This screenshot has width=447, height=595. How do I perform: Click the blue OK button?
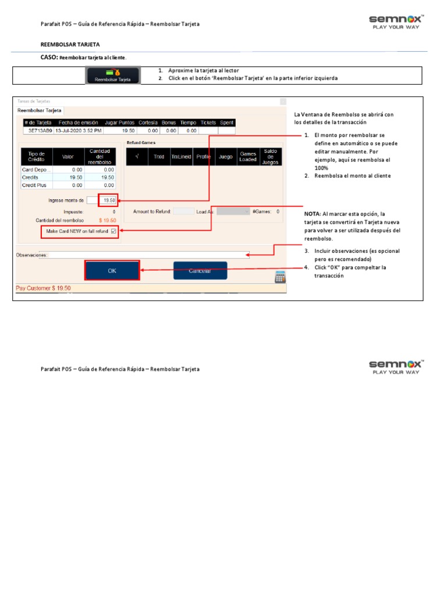click(112, 271)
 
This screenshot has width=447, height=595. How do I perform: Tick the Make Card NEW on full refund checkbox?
click(113, 231)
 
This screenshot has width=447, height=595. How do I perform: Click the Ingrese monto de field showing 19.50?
click(108, 200)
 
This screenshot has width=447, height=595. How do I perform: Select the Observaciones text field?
click(149, 255)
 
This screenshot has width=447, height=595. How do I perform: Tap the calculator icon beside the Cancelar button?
click(280, 277)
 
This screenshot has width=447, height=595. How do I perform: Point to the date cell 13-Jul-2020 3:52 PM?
click(79, 131)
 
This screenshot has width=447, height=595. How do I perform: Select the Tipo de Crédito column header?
click(37, 156)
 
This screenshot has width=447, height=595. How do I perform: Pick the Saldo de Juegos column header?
click(271, 156)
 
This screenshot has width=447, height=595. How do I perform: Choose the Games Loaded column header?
click(248, 156)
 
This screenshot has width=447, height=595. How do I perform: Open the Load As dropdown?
click(233, 212)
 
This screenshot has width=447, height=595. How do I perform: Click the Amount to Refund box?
click(184, 212)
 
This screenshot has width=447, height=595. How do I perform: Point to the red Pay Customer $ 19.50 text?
click(44, 288)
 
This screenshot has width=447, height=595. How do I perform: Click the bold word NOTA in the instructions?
click(312, 214)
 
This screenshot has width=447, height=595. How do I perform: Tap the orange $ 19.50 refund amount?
click(108, 221)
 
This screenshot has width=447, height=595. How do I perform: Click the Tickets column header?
click(208, 123)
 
